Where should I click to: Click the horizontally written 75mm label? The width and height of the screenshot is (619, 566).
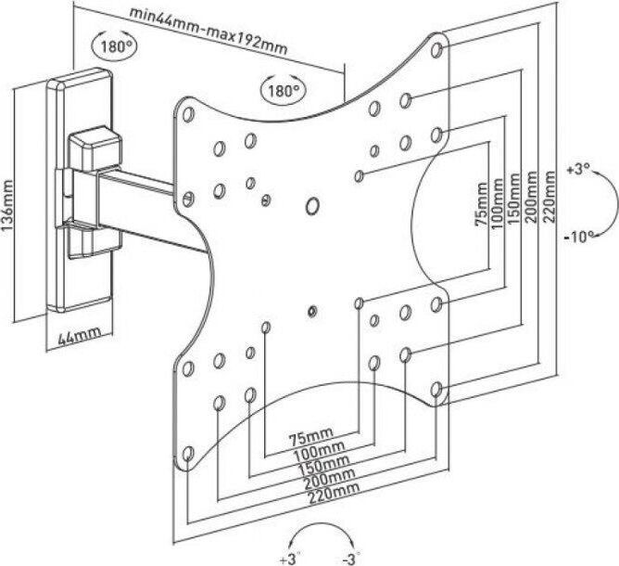coord(310,435)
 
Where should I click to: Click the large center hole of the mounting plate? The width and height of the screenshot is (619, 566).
coord(313,204)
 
